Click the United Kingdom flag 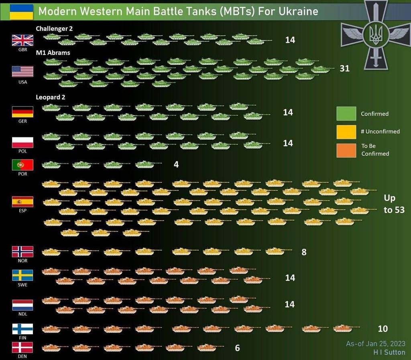point(22,41)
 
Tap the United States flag point(22,72)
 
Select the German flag point(22,111)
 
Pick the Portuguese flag point(22,165)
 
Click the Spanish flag point(22,201)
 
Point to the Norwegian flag point(22,252)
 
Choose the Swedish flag point(22,275)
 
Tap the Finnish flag point(22,329)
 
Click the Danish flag point(22,348)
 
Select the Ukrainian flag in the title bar point(21,11)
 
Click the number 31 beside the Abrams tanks point(344,68)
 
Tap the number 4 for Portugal point(176,165)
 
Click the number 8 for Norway point(304,252)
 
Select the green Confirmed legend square point(346,113)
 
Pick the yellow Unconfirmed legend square point(346,131)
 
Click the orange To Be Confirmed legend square point(346,149)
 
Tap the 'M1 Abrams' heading point(53,53)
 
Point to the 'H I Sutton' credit point(389,352)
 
